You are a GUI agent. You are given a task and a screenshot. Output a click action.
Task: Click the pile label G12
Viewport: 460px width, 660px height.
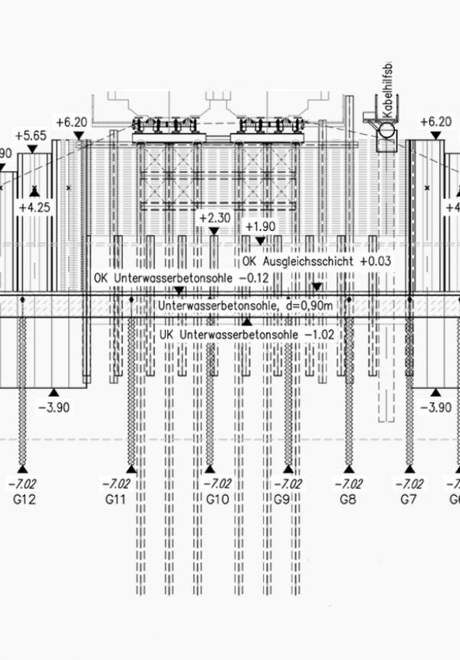click(x=22, y=500)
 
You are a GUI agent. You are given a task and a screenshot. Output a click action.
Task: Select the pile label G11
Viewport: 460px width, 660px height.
click(x=116, y=500)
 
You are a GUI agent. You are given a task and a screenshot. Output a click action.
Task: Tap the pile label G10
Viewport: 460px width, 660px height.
click(x=218, y=500)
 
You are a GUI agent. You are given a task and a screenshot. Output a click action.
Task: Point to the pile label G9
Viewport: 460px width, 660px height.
click(x=281, y=500)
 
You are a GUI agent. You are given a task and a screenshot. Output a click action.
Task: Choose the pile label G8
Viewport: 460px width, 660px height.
click(x=348, y=500)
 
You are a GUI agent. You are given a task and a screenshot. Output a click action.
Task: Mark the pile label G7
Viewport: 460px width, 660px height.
click(x=409, y=500)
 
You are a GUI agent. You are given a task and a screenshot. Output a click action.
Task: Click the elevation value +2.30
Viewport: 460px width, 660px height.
click(x=215, y=218)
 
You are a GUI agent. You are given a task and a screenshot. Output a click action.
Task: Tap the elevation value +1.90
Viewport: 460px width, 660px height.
click(x=258, y=226)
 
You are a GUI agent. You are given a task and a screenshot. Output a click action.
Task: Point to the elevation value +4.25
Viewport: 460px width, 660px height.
click(x=34, y=207)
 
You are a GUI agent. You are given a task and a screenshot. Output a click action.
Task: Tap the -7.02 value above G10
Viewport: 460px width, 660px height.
click(x=218, y=483)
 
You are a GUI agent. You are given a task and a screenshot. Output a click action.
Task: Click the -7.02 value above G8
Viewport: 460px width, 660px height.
click(x=348, y=483)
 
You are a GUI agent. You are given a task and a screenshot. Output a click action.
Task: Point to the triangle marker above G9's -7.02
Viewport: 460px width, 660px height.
click(x=287, y=468)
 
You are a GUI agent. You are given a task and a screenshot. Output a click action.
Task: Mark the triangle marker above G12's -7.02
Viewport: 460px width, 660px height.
click(x=23, y=468)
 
